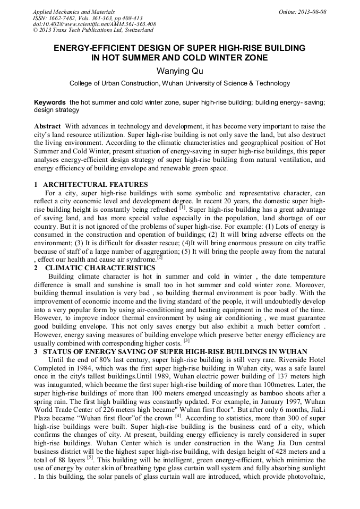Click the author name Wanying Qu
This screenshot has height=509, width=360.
(179, 71)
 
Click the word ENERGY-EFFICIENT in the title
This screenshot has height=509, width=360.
(96, 48)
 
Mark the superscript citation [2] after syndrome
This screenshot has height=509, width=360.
(159, 257)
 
